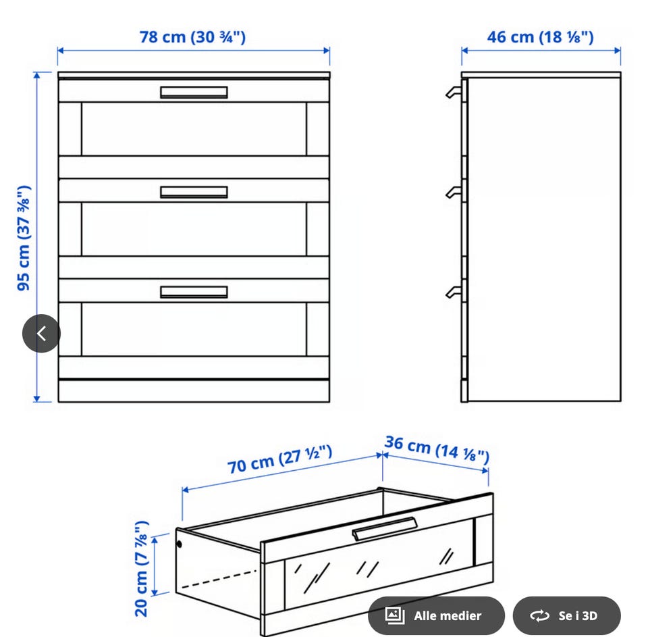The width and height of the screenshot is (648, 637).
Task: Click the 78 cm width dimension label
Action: (x=192, y=37)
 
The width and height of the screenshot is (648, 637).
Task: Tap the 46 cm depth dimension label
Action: (x=540, y=37)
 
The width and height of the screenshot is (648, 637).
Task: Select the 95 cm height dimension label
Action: (x=24, y=238)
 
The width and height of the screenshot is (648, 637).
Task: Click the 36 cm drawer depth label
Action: (x=437, y=449)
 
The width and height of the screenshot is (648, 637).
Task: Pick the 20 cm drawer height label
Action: (x=141, y=569)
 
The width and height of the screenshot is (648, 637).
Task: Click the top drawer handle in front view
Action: (x=194, y=93)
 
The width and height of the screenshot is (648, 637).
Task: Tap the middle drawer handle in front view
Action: (x=194, y=192)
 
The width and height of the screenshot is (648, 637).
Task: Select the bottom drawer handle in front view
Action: (x=194, y=292)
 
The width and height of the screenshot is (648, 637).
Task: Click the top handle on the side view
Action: (x=454, y=93)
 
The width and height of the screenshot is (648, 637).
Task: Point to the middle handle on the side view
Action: (x=454, y=193)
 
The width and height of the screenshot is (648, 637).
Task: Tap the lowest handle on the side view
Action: (x=454, y=292)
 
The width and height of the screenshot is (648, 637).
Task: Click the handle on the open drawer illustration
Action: (x=384, y=529)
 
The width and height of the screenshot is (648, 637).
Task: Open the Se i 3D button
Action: (x=566, y=615)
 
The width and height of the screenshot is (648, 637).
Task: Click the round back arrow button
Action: (x=41, y=334)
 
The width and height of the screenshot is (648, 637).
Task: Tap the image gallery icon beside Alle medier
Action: (x=395, y=615)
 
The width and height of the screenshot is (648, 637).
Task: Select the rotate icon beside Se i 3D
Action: (x=540, y=616)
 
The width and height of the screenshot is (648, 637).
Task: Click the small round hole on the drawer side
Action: (x=179, y=544)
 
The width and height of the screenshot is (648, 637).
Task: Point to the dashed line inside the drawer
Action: (x=219, y=579)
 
